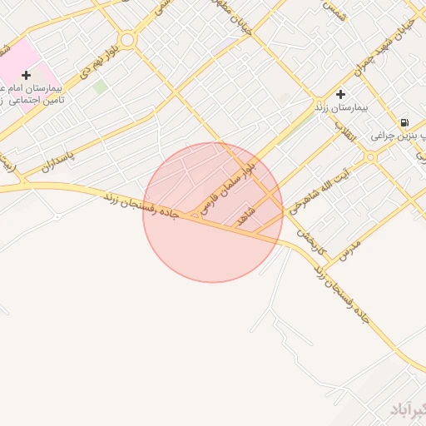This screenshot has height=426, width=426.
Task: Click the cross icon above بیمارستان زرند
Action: coord(340,94)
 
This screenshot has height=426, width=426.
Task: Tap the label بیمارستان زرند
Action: coord(340,108)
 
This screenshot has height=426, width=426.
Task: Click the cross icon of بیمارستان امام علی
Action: coord(27,75)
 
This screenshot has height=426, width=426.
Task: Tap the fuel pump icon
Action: coord(404,121)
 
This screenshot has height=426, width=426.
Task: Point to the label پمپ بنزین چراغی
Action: coord(399,135)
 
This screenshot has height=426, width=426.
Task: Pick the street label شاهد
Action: coord(245,215)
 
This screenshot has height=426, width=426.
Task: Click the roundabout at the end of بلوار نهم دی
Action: coord(127,39)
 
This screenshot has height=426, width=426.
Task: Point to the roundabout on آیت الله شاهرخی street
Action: coord(370,156)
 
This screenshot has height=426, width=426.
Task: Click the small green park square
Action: coord(99,87)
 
